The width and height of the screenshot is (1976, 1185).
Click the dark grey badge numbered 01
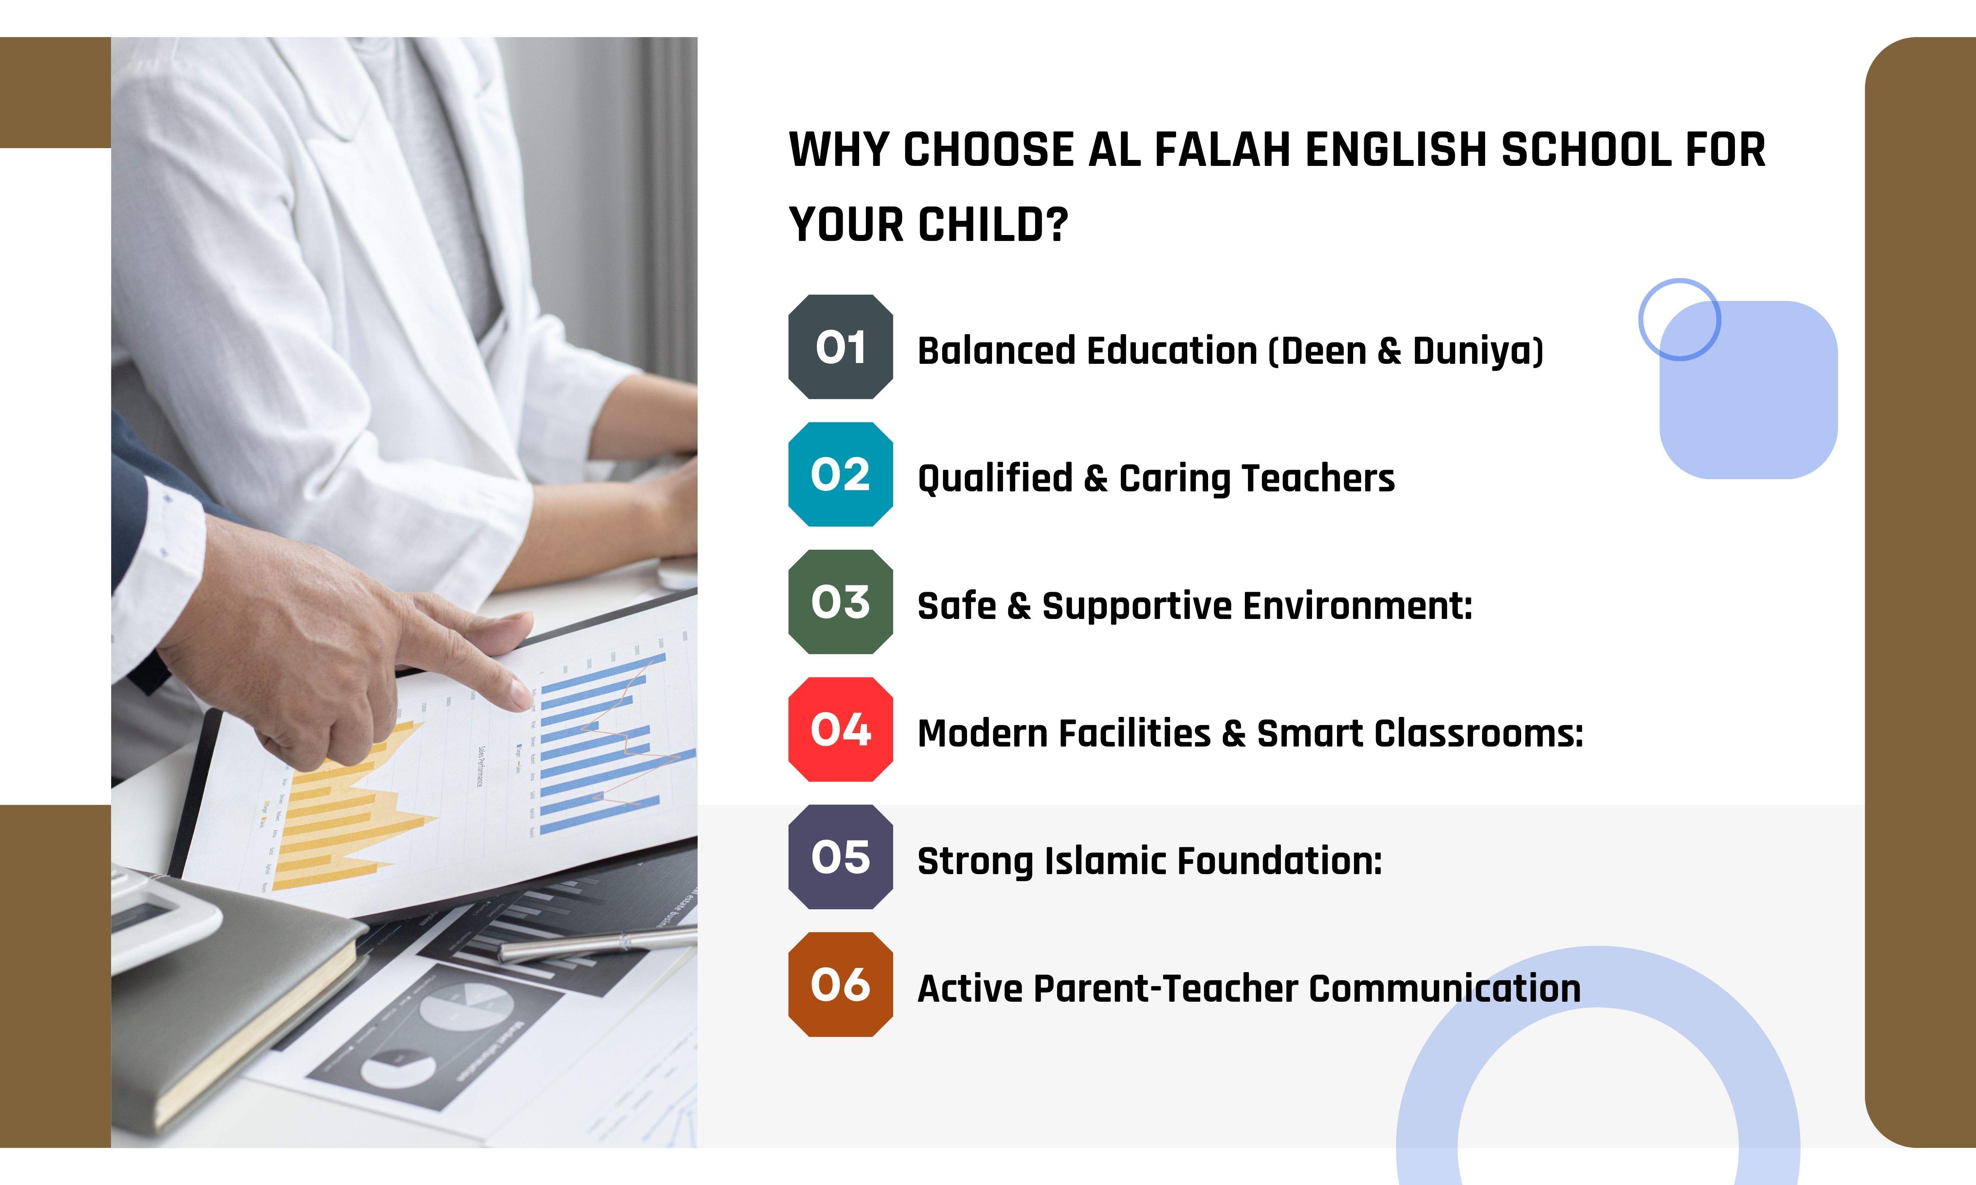point(840,346)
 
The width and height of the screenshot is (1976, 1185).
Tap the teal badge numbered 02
point(840,474)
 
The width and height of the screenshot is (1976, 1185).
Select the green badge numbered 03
point(840,602)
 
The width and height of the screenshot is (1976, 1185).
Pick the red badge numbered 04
point(840,729)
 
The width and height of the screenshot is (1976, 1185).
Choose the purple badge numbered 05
point(840,857)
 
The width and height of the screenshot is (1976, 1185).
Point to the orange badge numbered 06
point(840,985)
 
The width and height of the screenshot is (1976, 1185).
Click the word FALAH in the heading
point(1222,150)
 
